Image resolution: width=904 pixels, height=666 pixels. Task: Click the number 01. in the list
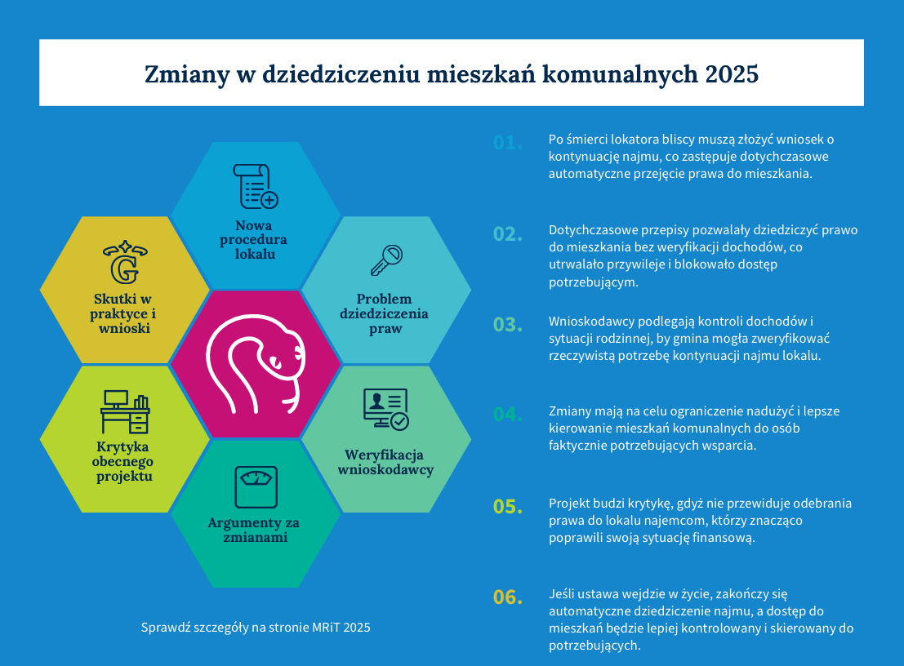coord(507,143)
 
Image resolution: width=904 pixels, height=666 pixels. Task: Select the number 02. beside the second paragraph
coord(507,234)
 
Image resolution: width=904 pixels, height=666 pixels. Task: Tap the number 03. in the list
coord(507,325)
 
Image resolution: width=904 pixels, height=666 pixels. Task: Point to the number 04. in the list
coord(507,415)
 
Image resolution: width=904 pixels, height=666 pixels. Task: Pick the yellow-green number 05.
coord(507,507)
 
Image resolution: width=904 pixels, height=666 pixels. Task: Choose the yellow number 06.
coord(507,597)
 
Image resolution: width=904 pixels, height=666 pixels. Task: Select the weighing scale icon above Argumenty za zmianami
coord(256,487)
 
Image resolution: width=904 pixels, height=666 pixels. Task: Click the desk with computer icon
coord(125,411)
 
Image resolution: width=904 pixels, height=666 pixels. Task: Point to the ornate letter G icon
coord(124,261)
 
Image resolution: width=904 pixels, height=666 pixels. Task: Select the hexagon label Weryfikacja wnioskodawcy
coord(385,462)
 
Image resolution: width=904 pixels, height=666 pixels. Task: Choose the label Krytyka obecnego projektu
coord(124,461)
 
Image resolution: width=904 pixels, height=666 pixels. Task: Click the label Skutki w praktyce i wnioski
coord(122,313)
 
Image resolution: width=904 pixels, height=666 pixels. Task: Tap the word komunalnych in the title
coord(620,74)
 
